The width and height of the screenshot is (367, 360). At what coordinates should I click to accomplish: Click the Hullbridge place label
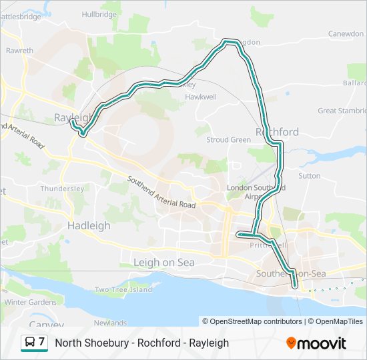click(99, 14)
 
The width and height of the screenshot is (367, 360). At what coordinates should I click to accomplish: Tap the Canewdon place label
click(346, 33)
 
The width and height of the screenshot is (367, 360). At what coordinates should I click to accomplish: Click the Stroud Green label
click(228, 140)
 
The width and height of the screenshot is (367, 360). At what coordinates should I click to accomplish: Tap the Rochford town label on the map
click(277, 132)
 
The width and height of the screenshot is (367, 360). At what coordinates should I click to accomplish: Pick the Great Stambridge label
click(341, 111)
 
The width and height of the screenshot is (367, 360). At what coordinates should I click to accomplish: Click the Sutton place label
click(310, 176)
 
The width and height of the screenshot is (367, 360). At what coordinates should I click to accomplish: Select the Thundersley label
click(62, 189)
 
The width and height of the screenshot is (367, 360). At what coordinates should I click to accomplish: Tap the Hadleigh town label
click(89, 226)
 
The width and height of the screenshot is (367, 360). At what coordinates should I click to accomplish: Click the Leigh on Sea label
click(164, 263)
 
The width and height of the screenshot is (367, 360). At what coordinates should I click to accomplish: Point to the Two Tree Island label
click(123, 289)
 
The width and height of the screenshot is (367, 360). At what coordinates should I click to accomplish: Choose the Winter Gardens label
click(30, 302)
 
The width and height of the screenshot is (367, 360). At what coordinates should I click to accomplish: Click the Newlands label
click(110, 323)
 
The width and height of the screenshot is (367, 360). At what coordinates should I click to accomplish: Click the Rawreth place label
click(19, 50)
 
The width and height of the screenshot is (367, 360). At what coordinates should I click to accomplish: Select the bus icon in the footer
click(30, 343)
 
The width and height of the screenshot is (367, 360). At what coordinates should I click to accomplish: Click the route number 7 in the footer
click(42, 342)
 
